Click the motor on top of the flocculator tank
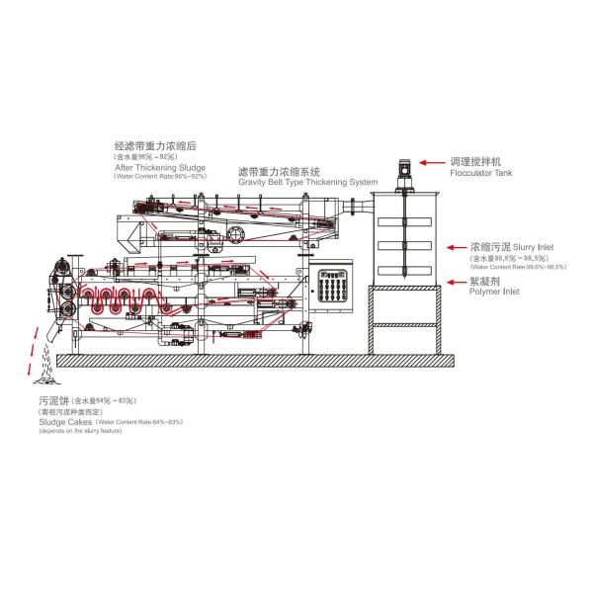(x=404, y=172)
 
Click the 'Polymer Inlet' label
(x=494, y=292)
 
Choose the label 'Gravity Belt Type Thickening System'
(x=307, y=183)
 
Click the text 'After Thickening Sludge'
(x=161, y=167)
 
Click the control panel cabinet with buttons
(x=329, y=288)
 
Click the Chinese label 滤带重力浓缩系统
(x=279, y=172)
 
